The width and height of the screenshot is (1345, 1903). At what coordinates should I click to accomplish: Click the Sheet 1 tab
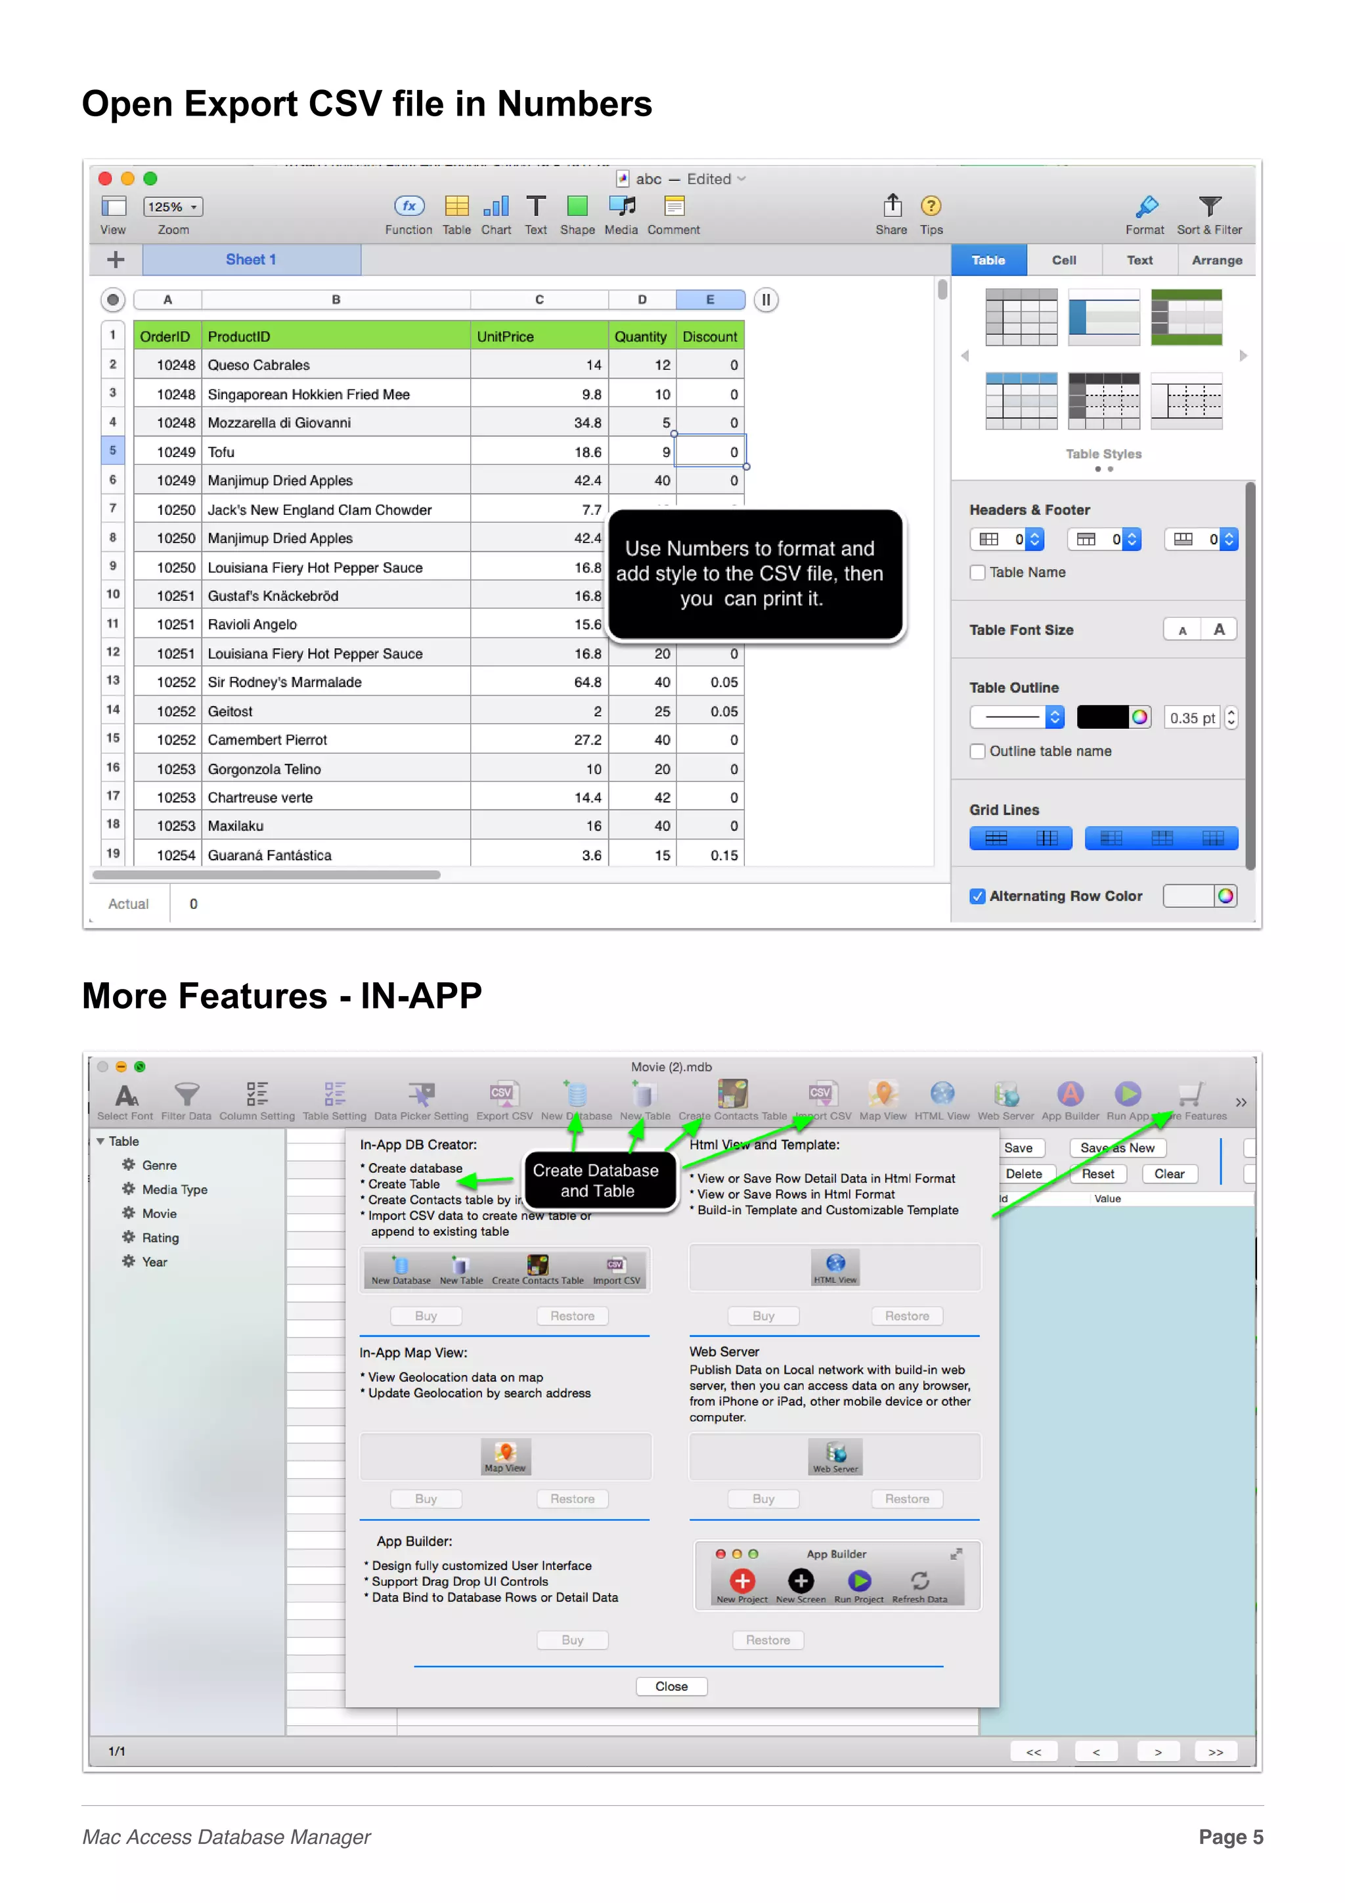pos(251,259)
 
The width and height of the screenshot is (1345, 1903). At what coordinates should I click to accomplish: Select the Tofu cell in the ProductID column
pos(221,452)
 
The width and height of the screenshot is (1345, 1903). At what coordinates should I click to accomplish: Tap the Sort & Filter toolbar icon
pos(1209,208)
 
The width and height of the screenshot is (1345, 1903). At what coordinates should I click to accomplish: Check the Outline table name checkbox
pos(978,751)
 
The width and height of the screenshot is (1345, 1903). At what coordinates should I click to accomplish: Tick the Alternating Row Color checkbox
pos(978,896)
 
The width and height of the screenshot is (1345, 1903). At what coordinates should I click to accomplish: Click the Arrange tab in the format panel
pos(1216,260)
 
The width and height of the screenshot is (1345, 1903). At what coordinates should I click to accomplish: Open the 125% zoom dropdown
pos(173,206)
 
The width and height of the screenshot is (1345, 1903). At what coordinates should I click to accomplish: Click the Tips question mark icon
pos(931,206)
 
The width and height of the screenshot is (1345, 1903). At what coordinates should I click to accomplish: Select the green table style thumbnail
pos(1186,317)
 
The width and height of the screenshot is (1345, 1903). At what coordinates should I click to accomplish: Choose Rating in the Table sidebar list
pos(160,1237)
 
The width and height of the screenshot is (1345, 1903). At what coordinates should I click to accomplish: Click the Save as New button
pos(1116,1148)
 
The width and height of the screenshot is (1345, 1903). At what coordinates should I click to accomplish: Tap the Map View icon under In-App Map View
pos(504,1455)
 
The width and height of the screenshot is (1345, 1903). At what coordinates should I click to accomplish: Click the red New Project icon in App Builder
pos(741,1581)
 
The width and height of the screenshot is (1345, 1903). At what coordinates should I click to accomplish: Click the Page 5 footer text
pos(1230,1837)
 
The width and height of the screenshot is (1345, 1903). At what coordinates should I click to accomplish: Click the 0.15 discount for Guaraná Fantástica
pos(724,856)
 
